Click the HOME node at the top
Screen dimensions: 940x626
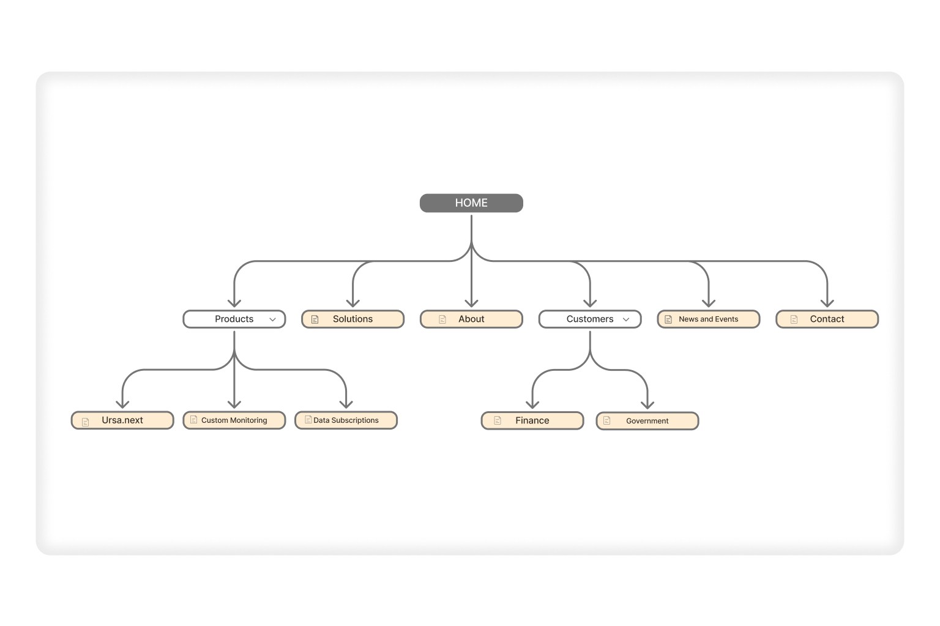pyautogui.click(x=471, y=203)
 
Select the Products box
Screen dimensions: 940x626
pyautogui.click(x=234, y=319)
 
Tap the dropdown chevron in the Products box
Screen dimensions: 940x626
pyautogui.click(x=272, y=319)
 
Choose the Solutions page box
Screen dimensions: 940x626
pyautogui.click(x=352, y=319)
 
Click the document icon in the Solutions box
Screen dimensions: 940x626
pyautogui.click(x=315, y=319)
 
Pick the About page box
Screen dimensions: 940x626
pyautogui.click(x=471, y=319)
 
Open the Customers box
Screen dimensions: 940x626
pyautogui.click(x=589, y=319)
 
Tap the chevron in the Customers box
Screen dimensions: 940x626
pyautogui.click(x=626, y=319)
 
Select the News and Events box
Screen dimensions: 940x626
pyautogui.click(x=708, y=319)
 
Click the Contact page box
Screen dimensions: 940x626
pyautogui.click(x=827, y=319)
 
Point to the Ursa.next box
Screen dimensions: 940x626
pyautogui.click(x=122, y=420)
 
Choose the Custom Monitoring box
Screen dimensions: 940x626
pyautogui.click(x=234, y=420)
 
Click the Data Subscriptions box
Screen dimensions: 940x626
pyautogui.click(x=346, y=420)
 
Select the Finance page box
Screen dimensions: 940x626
pyautogui.click(x=532, y=421)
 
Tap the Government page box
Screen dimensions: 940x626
pyautogui.click(x=647, y=421)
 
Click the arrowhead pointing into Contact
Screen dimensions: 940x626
pyautogui.click(x=827, y=303)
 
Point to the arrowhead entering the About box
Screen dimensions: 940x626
pyautogui.click(x=471, y=303)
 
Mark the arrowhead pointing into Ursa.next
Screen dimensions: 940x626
pyautogui.click(x=122, y=404)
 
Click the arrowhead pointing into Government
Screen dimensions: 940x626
pyautogui.click(x=647, y=404)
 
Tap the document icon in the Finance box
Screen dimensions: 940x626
pyautogui.click(x=498, y=421)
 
